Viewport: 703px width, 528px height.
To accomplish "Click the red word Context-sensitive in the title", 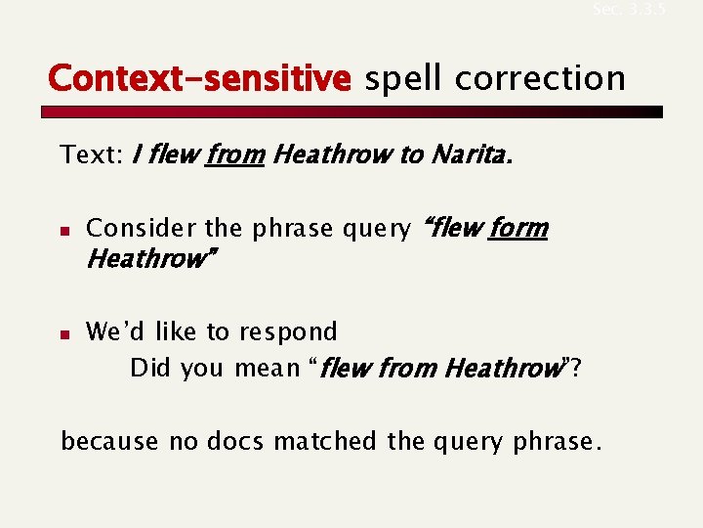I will (x=198, y=77).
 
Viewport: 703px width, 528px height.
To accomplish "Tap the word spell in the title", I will (x=403, y=77).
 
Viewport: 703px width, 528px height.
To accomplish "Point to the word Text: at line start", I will (x=91, y=154).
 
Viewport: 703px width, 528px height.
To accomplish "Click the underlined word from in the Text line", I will (x=234, y=154).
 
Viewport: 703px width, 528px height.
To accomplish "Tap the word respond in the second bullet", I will (x=292, y=332).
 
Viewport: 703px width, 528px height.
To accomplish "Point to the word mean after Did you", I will (x=268, y=369).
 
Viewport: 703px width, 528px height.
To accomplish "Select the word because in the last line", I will (x=109, y=442).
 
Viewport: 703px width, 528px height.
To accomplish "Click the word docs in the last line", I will (x=235, y=442).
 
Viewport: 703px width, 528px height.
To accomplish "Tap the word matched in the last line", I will (x=326, y=442).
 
